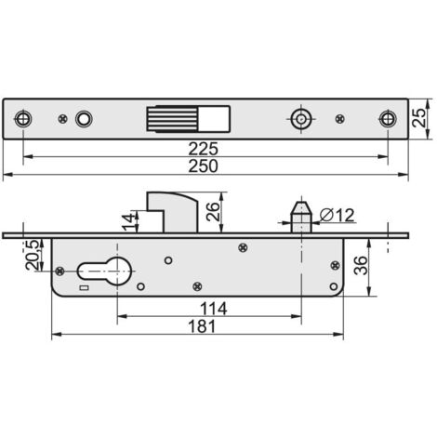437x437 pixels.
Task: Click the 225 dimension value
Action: tap(204, 149)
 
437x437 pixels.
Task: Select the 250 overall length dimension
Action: tap(204, 166)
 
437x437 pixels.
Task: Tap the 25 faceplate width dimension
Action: tap(419, 117)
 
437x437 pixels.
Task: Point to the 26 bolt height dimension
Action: tap(213, 212)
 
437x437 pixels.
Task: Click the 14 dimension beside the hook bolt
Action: tap(129, 222)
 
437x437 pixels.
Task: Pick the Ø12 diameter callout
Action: tap(337, 215)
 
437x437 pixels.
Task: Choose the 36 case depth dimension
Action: tap(361, 266)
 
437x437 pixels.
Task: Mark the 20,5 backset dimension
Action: tap(33, 255)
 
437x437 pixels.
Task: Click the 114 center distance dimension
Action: tap(214, 309)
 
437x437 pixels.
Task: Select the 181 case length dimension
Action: tap(202, 326)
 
